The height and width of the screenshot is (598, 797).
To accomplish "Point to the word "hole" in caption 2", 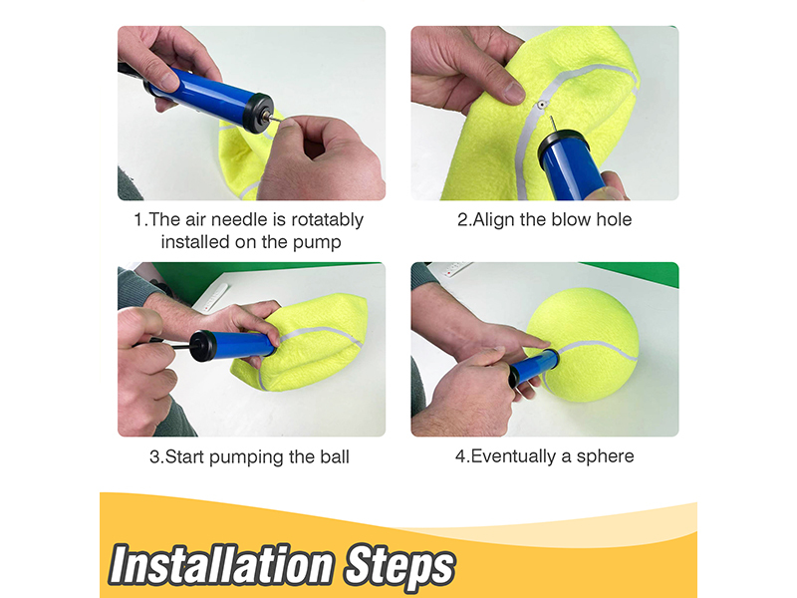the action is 614,219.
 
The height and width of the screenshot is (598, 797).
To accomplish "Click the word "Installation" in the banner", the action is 221,564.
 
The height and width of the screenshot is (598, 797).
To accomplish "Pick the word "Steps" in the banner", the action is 399,565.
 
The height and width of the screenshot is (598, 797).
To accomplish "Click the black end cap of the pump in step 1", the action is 259,113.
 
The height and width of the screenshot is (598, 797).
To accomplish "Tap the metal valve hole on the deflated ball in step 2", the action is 542,106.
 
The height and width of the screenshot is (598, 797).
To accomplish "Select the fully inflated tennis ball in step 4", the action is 585,345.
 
